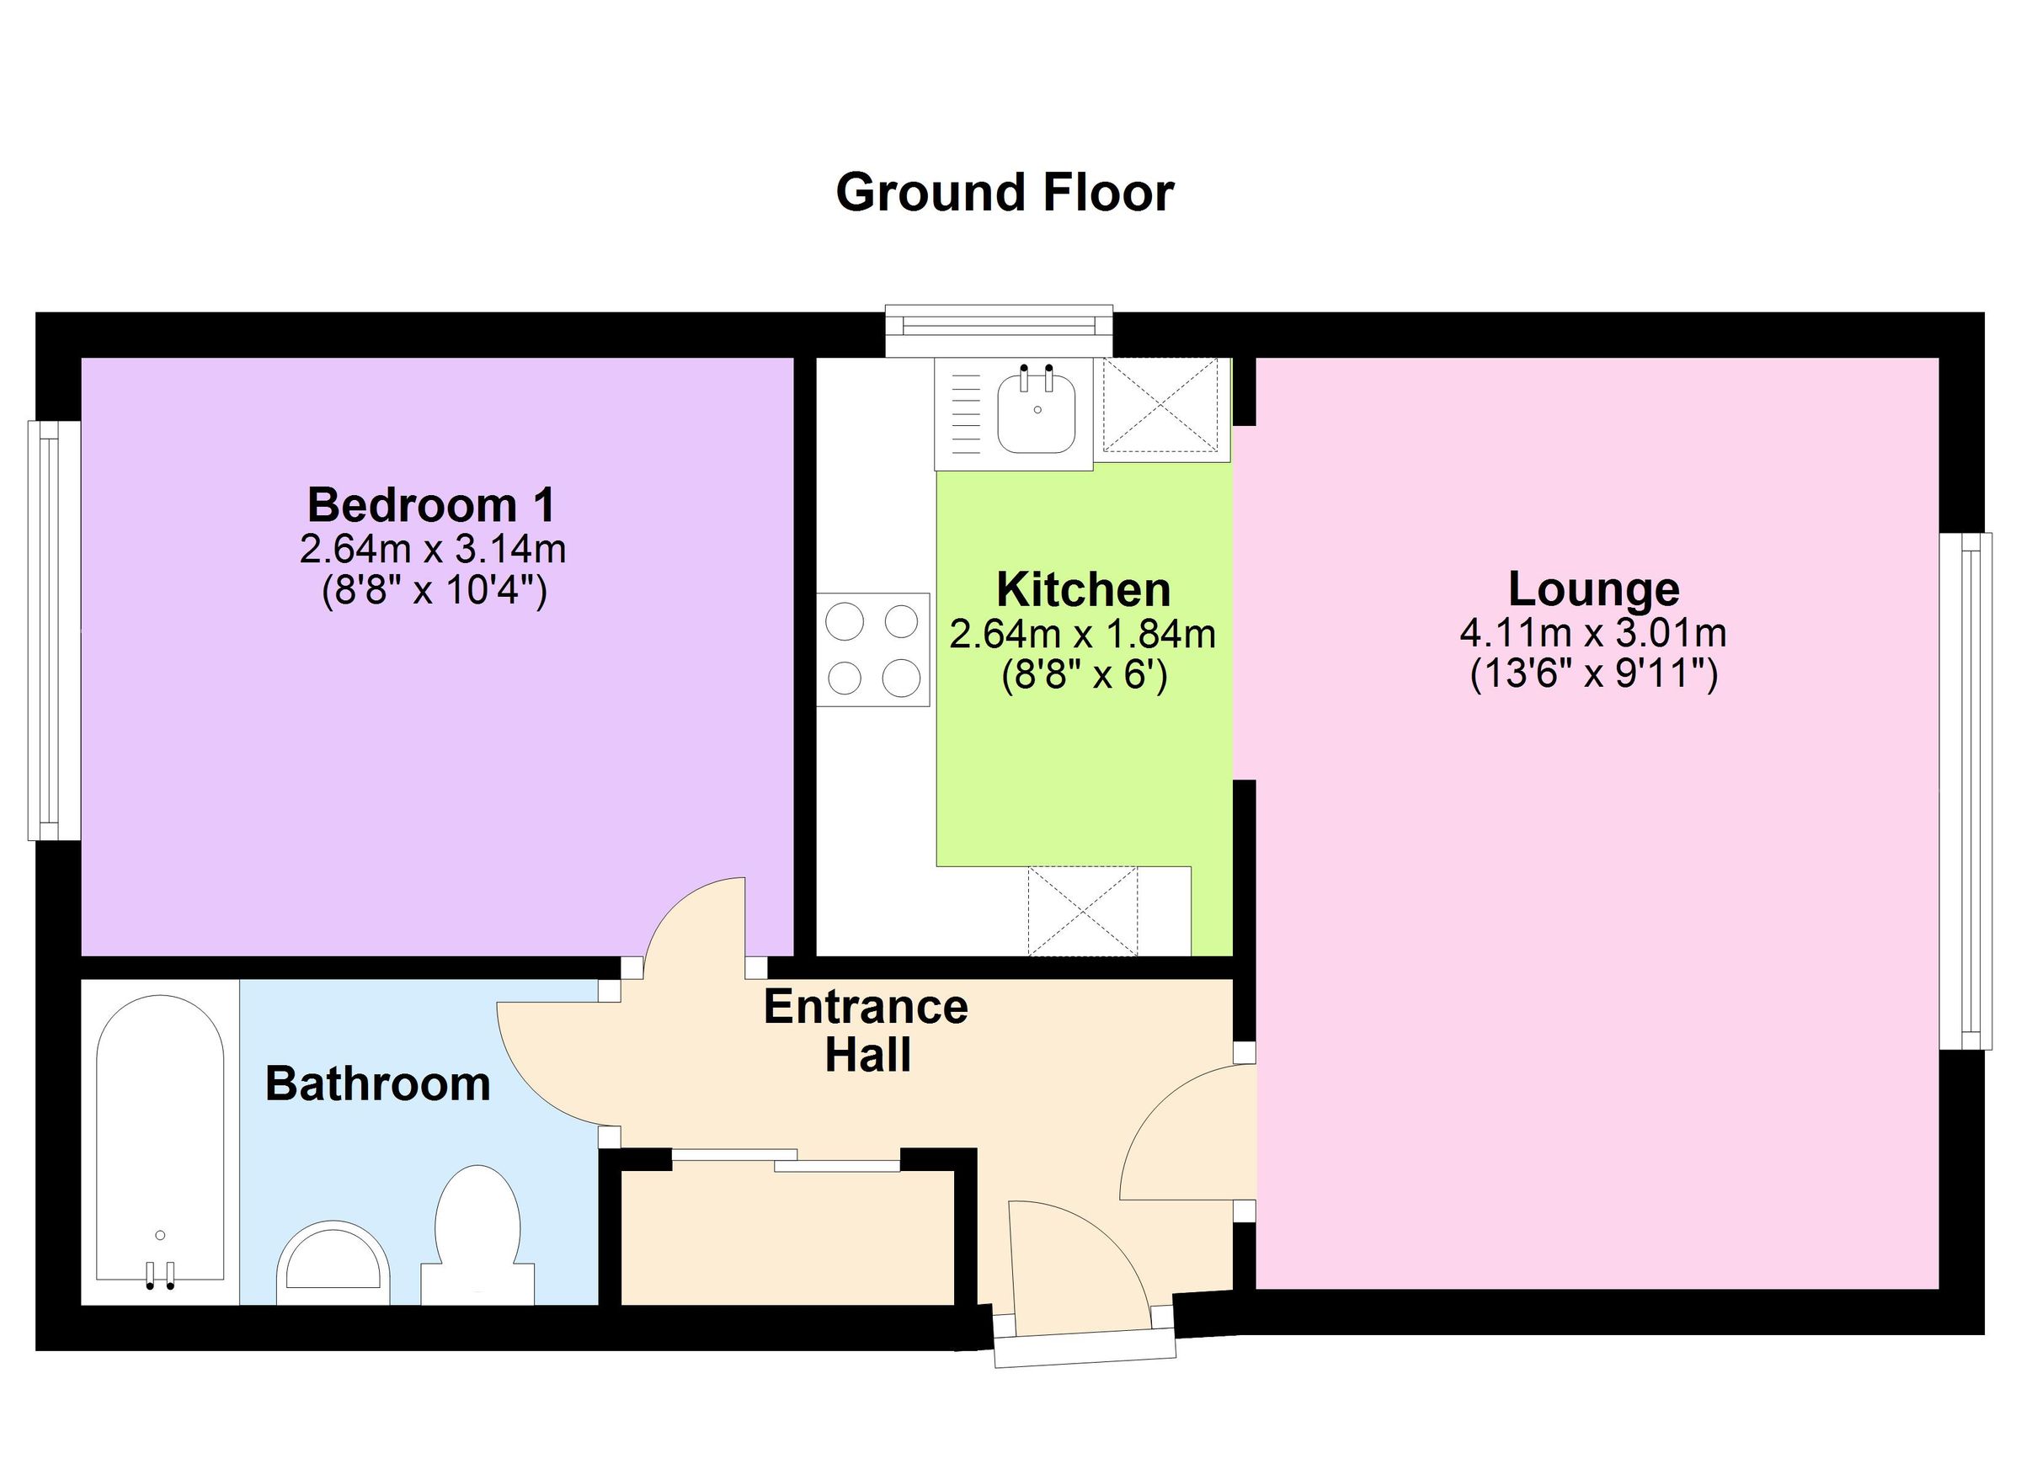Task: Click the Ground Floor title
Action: tap(1005, 194)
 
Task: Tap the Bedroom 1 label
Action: tap(431, 505)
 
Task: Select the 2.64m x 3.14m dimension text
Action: tap(432, 549)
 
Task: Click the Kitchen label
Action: tap(1083, 590)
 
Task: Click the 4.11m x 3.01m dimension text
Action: tap(1592, 633)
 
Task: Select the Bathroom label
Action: tap(378, 1084)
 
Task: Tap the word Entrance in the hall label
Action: tap(866, 1008)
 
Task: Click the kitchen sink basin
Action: tap(1037, 415)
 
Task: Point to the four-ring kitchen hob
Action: tap(872, 649)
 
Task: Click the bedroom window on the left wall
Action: tap(45, 630)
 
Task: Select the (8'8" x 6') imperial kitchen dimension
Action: tap(1084, 676)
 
